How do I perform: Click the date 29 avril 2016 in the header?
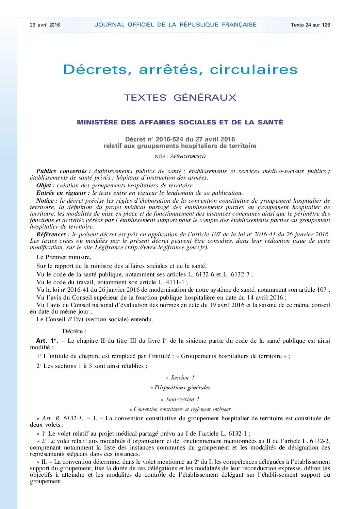coord(45,25)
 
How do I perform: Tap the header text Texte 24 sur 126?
coord(310,25)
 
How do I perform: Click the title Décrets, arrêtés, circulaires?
coord(180,70)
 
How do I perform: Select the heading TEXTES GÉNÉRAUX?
coord(180,98)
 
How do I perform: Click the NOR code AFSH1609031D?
coord(188,157)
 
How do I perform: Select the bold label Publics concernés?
coord(63,171)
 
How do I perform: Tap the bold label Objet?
coord(45,185)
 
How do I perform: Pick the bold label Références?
coord(53,234)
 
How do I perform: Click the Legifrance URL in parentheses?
coord(166,247)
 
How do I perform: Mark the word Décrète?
coord(74,331)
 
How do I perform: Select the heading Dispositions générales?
coord(180,388)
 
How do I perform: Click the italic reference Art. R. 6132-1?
coord(62,418)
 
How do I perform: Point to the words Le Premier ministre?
coord(64,257)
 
